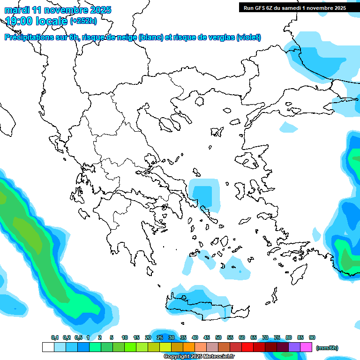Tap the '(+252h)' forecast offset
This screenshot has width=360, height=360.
83,21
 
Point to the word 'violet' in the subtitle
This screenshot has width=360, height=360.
248,37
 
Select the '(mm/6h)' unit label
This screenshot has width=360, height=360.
327,348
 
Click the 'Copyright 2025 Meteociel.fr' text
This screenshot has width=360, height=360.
199,357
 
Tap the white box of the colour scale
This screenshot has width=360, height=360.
48,347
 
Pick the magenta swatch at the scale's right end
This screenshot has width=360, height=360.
306,347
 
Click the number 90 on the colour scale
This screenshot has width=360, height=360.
312,337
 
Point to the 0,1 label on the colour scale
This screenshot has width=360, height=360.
55,337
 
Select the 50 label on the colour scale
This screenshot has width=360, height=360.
218,337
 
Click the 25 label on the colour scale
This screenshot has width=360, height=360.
160,337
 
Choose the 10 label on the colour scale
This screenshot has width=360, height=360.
125,337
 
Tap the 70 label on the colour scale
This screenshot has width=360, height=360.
265,337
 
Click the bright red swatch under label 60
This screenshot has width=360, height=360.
247,347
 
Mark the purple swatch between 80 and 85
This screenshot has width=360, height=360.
294,347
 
